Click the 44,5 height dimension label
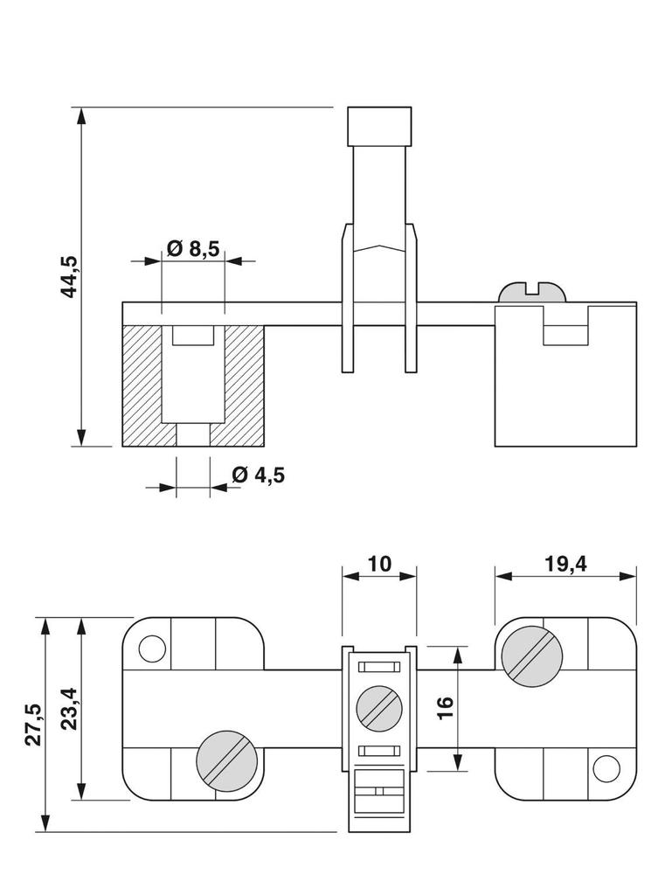[69, 277]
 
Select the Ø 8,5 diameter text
[192, 248]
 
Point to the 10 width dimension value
[379, 563]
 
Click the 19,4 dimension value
[565, 563]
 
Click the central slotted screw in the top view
[379, 706]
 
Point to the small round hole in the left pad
[152, 649]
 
